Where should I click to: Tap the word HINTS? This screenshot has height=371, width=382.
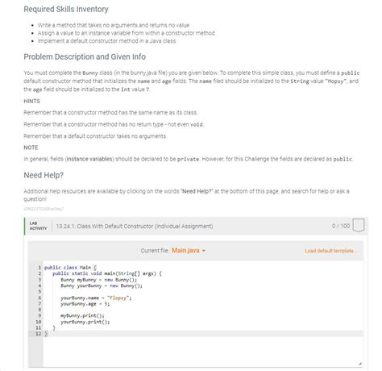(33, 102)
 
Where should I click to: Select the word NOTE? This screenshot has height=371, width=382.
(31, 148)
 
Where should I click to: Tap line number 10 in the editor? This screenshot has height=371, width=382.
(38, 321)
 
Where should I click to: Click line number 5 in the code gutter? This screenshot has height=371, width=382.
(39, 291)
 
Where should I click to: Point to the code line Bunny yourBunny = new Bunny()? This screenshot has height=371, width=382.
(101, 286)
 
